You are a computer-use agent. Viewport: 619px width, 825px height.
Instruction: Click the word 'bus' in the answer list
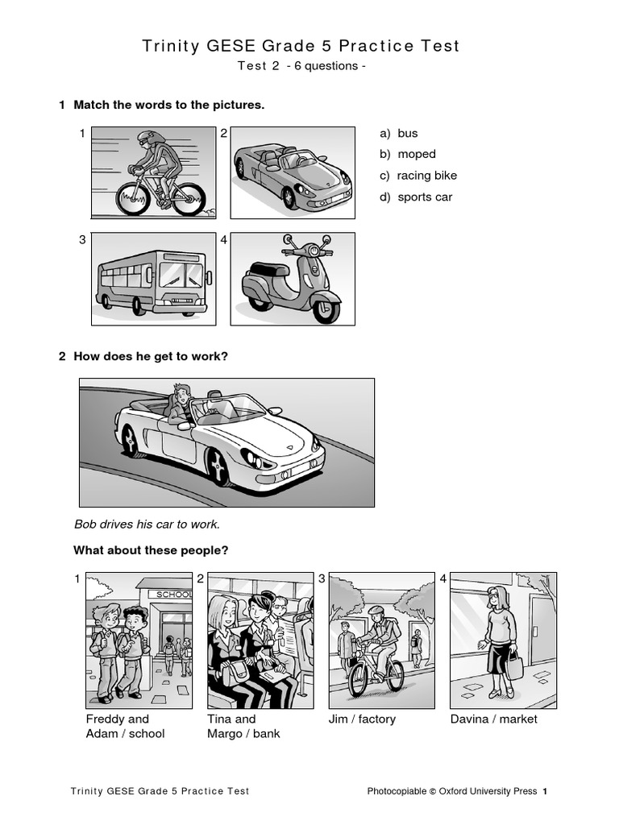pos(407,134)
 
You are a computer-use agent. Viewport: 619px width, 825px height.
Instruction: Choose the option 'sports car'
pos(425,197)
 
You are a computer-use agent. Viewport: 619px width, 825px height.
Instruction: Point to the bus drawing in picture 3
pos(153,282)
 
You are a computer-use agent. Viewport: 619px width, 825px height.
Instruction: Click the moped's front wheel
pos(326,309)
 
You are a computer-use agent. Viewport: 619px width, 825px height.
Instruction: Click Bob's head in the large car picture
pos(181,395)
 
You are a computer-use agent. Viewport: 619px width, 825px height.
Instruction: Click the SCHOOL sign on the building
pos(172,595)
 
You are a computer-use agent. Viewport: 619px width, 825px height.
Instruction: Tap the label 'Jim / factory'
pos(362,719)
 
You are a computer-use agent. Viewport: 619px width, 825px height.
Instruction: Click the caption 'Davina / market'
pos(493,719)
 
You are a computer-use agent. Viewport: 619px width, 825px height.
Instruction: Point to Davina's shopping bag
pos(514,667)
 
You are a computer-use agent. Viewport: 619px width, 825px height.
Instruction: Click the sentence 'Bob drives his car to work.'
pos(147,524)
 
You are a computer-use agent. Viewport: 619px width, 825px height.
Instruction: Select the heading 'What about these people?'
pos(151,550)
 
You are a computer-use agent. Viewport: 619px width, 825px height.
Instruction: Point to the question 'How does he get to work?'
pos(151,356)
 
